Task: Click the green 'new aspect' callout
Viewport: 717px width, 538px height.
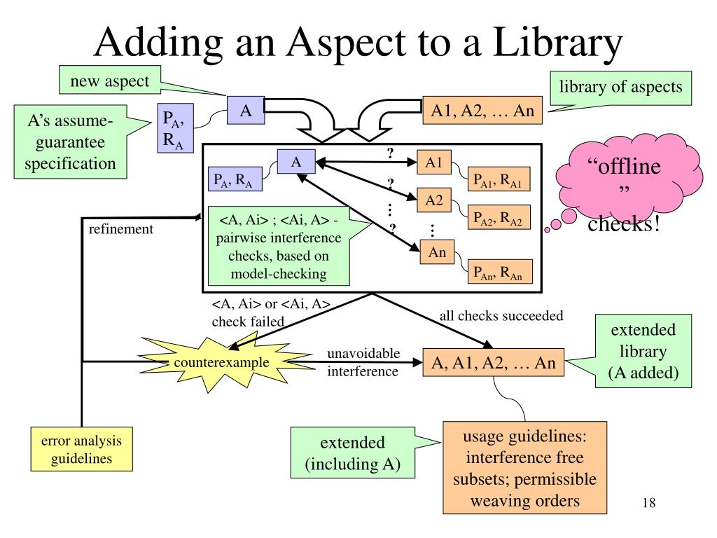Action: click(109, 82)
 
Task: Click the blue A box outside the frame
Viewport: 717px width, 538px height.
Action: click(245, 112)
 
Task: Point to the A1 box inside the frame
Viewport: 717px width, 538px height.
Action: click(434, 163)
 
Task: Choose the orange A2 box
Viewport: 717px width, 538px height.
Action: click(434, 201)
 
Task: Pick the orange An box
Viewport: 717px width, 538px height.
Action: click(437, 253)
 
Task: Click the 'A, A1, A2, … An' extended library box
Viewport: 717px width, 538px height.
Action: click(493, 363)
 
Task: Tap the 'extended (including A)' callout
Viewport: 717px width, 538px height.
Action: click(352, 453)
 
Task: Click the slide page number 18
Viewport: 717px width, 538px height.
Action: click(648, 504)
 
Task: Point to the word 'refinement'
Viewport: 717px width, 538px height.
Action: click(120, 229)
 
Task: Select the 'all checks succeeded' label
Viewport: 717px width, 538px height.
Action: click(501, 316)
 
